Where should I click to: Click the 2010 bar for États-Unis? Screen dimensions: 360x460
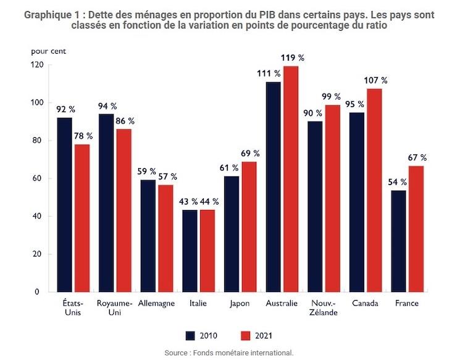tap(64, 204)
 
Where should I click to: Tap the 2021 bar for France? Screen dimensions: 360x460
tap(416, 228)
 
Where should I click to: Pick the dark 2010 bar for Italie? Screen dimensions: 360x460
tap(190, 251)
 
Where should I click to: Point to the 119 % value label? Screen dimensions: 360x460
tap(292, 58)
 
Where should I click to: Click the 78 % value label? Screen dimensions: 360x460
tap(82, 136)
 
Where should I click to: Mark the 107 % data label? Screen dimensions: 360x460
tap(375, 80)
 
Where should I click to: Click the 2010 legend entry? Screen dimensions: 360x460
tap(201, 336)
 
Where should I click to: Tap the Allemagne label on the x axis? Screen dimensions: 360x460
tap(156, 304)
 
